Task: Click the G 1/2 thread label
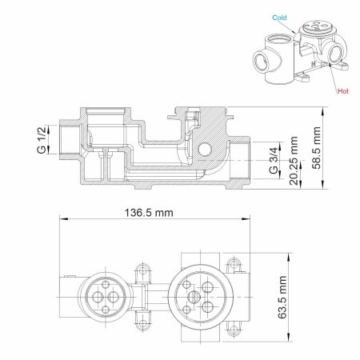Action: pyautogui.click(x=40, y=137)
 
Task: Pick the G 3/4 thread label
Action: pyautogui.click(x=274, y=161)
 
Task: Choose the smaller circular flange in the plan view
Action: pyautogui.click(x=103, y=296)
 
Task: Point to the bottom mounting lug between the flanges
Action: pyautogui.click(x=144, y=322)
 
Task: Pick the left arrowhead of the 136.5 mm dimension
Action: pyautogui.click(x=64, y=221)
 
